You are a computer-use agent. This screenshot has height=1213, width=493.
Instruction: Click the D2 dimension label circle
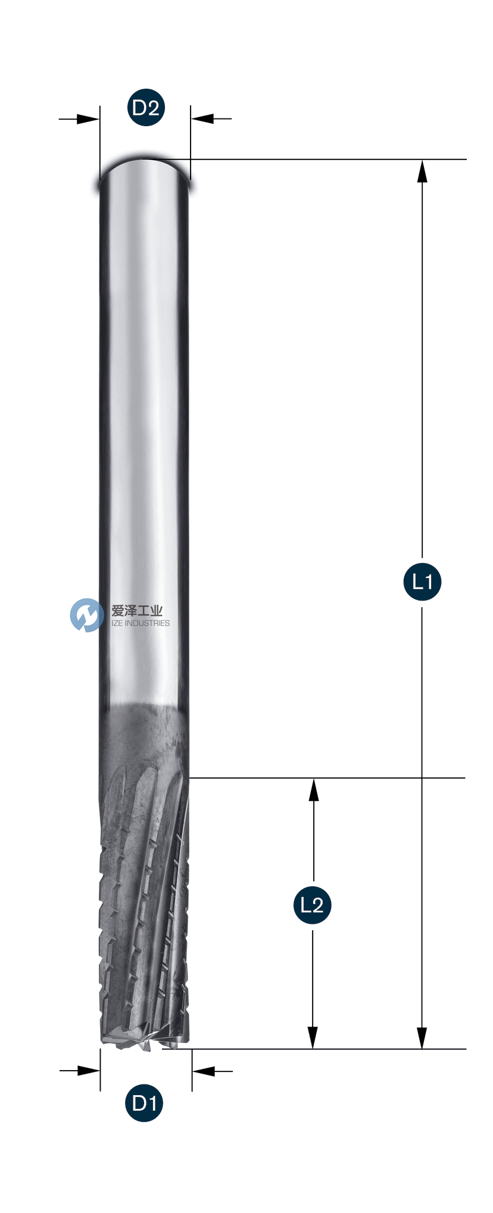(146, 108)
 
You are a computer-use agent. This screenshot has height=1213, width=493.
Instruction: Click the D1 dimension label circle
(144, 1103)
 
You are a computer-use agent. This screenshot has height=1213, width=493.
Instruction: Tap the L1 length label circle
(422, 581)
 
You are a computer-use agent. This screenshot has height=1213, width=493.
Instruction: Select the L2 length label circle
(312, 905)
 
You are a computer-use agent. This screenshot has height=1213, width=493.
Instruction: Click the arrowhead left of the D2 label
(89, 119)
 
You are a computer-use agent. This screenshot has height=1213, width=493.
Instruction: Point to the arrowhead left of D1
(89, 1071)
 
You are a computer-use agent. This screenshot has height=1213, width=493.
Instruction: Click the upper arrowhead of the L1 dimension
(422, 171)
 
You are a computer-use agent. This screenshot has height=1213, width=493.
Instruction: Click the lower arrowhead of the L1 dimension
(422, 1038)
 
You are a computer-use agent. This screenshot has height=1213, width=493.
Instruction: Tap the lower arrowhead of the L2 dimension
(313, 1038)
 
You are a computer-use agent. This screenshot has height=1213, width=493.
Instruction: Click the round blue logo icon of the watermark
(87, 615)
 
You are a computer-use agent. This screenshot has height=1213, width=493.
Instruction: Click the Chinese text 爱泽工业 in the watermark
(137, 610)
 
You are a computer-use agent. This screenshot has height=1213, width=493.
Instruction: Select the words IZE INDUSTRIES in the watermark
(141, 623)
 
